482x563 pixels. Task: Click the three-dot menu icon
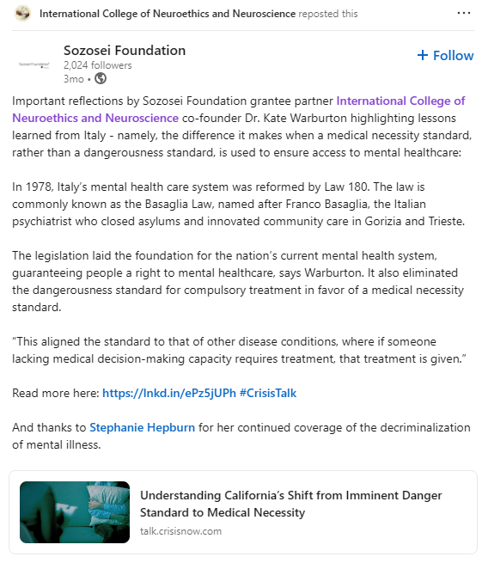[464, 14]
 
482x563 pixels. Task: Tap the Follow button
[445, 55]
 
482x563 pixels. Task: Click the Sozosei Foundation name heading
[125, 50]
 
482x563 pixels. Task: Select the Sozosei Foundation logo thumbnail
[34, 64]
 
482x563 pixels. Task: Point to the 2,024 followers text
[98, 64]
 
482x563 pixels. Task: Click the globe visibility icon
[100, 78]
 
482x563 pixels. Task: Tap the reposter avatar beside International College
[23, 14]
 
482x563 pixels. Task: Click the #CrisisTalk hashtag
[268, 393]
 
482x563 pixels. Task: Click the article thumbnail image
[75, 512]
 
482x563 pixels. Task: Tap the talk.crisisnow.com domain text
[180, 531]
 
